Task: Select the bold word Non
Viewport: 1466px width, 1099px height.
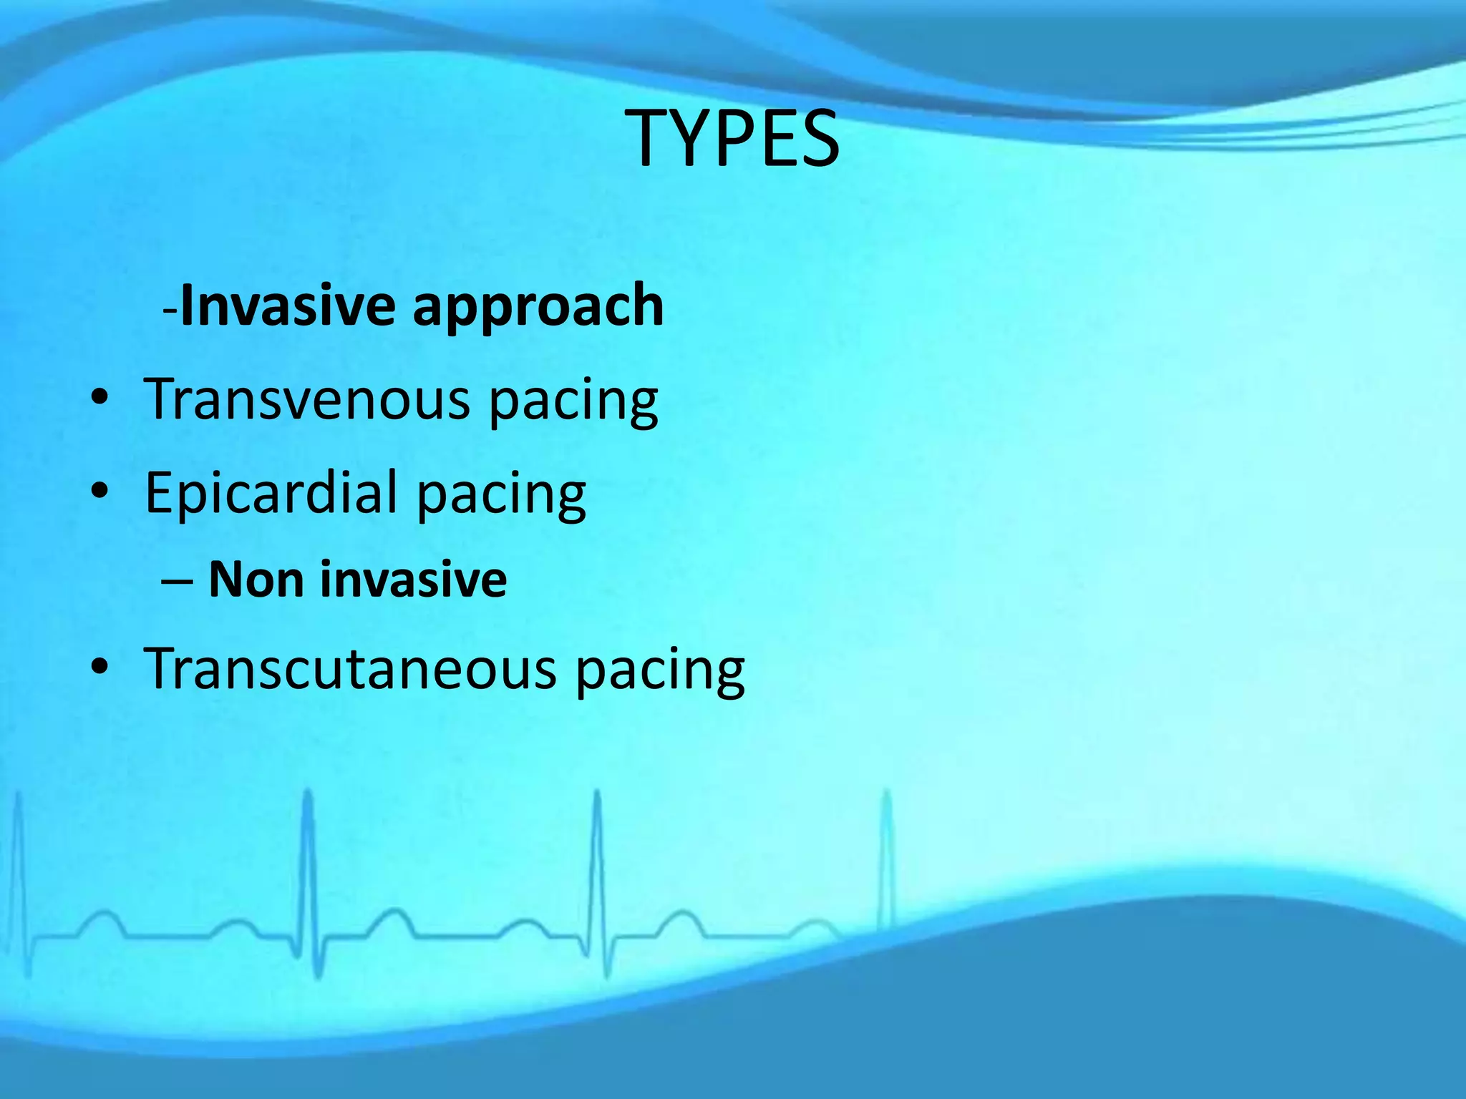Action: tap(256, 579)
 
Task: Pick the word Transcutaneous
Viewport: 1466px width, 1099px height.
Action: tap(350, 669)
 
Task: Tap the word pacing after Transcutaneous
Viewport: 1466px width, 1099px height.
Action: tap(659, 671)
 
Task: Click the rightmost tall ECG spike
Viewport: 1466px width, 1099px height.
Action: tap(886, 859)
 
